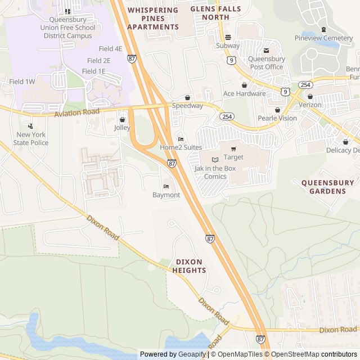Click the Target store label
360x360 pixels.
click(x=233, y=157)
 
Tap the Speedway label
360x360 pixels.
click(x=187, y=106)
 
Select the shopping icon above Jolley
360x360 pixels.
click(x=122, y=119)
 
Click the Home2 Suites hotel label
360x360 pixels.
click(x=181, y=147)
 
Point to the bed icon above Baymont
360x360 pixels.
click(x=166, y=186)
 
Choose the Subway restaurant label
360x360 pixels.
click(x=228, y=46)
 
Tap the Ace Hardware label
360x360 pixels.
click(x=244, y=93)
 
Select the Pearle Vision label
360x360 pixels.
click(x=277, y=118)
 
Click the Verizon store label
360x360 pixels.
click(x=310, y=105)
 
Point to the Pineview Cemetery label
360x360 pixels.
click(x=323, y=38)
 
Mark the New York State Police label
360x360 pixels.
click(x=31, y=138)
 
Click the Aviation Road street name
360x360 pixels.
click(x=76, y=113)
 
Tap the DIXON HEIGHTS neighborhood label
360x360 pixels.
click(x=190, y=266)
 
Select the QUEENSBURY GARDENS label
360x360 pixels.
click(x=327, y=187)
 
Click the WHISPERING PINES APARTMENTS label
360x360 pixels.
click(x=152, y=19)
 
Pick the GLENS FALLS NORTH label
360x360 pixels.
click(x=210, y=13)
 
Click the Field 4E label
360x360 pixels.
click(x=110, y=49)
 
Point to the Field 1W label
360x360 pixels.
click(x=22, y=82)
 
